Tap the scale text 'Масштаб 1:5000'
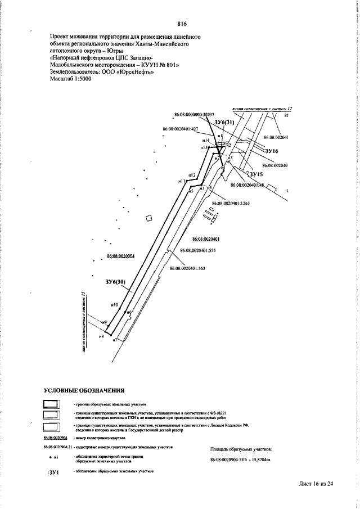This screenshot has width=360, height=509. [70, 79]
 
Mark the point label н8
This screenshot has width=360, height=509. [101, 336]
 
